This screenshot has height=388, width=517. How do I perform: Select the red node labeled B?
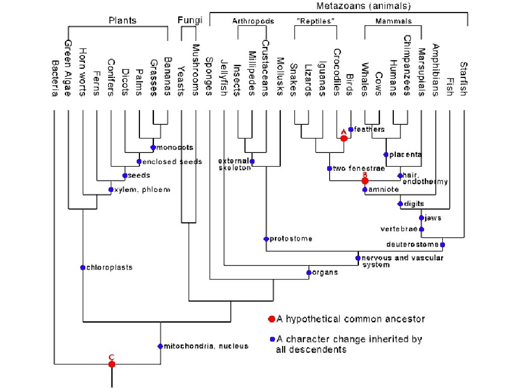coord(365,180)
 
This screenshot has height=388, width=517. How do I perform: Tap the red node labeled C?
coord(112,364)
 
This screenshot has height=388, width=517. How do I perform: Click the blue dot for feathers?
coord(351,129)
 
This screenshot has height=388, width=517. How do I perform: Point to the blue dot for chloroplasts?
coord(82,267)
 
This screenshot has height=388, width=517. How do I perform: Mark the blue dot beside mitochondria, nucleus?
coord(160,346)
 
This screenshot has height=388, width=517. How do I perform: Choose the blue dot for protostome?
coord(266,238)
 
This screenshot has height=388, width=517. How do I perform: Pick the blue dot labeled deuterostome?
coord(442,245)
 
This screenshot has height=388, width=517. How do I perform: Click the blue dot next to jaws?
coord(421,218)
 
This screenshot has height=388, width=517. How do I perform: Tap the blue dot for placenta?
coord(386,154)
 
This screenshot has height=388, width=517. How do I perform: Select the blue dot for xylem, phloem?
coord(111,189)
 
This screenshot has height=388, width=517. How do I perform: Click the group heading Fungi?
coord(190,21)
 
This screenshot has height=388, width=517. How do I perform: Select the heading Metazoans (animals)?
coord(364,7)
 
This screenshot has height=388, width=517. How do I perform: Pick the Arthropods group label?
coord(253,21)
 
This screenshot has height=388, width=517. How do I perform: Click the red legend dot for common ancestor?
coord(272,319)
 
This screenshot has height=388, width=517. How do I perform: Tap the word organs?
coord(325,272)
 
